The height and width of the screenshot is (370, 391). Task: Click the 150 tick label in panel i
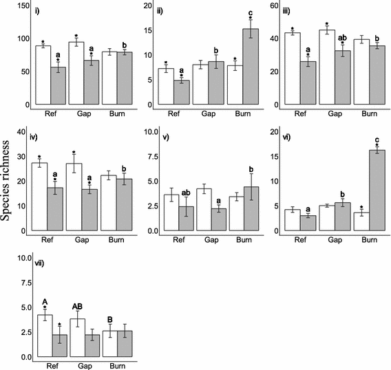[23, 5]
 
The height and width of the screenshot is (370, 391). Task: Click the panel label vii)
[41, 263]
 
